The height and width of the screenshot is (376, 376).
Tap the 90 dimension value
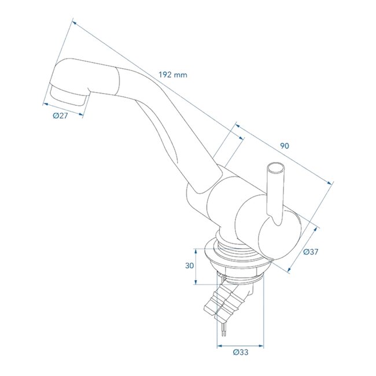pos(283,146)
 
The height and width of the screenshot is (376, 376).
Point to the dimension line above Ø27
pos(62,108)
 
